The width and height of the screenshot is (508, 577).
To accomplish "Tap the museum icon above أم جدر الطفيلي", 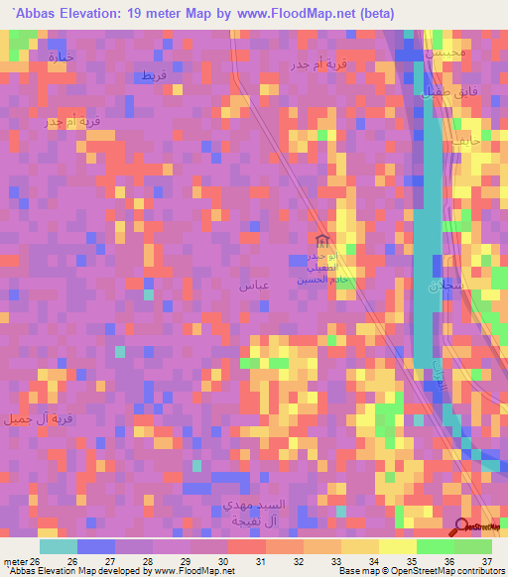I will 320,241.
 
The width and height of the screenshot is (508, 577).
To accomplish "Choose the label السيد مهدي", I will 241,506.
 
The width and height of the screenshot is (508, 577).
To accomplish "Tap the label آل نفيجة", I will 240,520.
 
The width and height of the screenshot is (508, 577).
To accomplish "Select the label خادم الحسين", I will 320,281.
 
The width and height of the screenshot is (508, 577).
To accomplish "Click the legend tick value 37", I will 486,562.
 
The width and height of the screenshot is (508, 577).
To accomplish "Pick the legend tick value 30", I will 223,562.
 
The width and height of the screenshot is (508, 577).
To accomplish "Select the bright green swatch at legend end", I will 472,546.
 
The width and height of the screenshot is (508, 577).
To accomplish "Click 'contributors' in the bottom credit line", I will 472,572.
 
